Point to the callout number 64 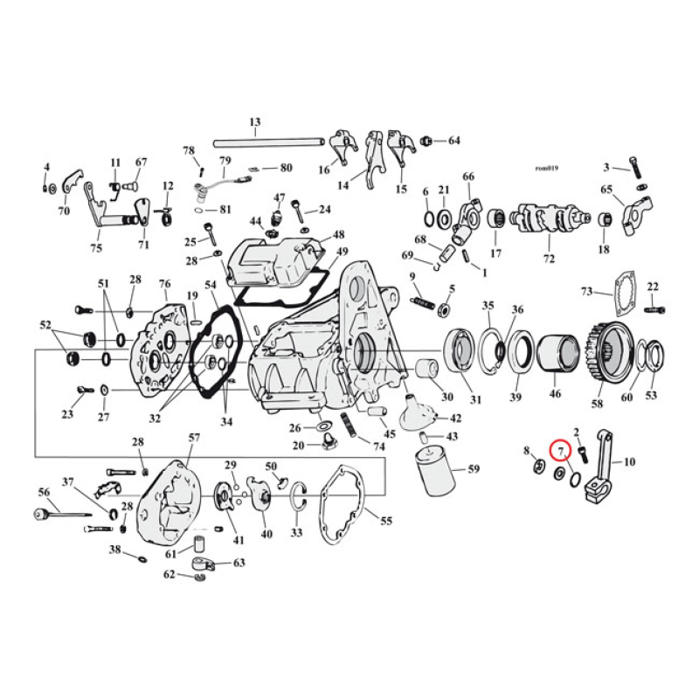point(453,141)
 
